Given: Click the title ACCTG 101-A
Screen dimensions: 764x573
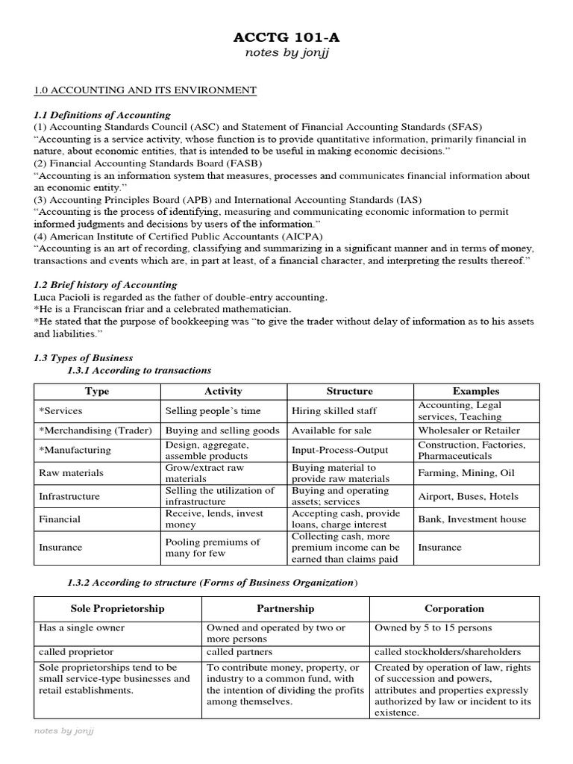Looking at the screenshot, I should click(286, 38).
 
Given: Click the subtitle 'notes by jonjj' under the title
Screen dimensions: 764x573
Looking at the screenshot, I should click(286, 53).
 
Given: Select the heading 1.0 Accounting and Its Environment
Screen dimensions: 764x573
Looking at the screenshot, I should click(145, 90).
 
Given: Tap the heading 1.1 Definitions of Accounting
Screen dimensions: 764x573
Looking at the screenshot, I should click(102, 115).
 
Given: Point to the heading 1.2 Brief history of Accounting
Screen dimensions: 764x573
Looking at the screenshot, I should click(105, 284).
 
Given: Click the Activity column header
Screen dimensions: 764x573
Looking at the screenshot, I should click(223, 391).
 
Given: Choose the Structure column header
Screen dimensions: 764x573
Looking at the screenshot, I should click(350, 391).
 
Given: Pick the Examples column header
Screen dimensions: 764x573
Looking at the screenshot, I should click(476, 391).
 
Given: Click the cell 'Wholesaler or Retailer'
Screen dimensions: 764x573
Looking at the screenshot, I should click(469, 430).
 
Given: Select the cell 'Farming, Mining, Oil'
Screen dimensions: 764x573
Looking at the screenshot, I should click(466, 473).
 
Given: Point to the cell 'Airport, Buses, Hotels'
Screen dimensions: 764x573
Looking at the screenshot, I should click(468, 496).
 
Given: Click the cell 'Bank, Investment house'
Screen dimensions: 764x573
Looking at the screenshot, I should click(472, 519).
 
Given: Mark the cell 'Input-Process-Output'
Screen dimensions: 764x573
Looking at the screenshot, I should click(339, 450).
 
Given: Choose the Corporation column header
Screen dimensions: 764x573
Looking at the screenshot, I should click(454, 609).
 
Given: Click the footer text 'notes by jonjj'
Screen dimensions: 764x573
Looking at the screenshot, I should click(64, 731).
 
